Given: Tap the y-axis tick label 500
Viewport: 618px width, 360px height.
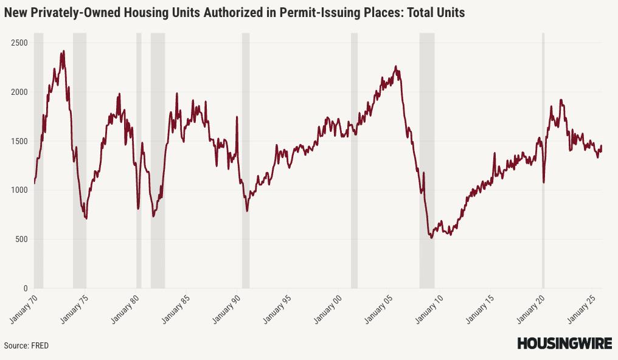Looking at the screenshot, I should [x=21, y=240].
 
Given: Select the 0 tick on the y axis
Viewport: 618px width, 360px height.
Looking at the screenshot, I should [x=25, y=289].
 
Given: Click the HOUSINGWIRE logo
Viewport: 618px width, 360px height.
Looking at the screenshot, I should [x=564, y=344].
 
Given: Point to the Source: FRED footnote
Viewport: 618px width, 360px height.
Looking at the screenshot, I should [x=26, y=345].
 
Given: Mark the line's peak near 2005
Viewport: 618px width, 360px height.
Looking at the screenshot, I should [x=396, y=67].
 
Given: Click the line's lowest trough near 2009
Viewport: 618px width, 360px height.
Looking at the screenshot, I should [x=431, y=237].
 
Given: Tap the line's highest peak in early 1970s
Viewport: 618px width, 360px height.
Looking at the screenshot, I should [x=63, y=52].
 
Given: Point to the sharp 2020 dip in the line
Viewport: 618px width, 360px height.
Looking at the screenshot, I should [x=544, y=181].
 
